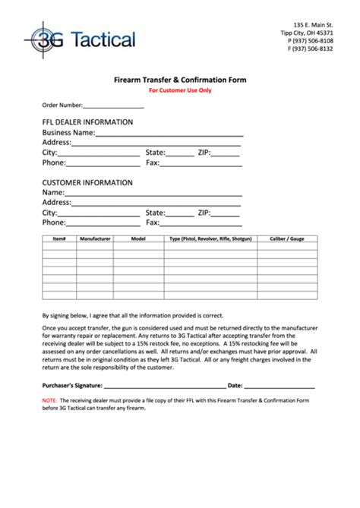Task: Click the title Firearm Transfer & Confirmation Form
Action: pos(179,79)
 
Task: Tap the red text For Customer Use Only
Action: pos(179,90)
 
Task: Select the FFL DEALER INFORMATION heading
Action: pos(87,121)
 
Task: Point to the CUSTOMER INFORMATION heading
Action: pos(87,183)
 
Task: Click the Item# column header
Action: pos(59,238)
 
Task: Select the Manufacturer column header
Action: pos(95,238)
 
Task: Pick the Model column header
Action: pos(137,238)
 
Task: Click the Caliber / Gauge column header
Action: pos(287,238)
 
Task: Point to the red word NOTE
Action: pos(49,399)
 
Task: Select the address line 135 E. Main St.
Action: pos(313,24)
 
